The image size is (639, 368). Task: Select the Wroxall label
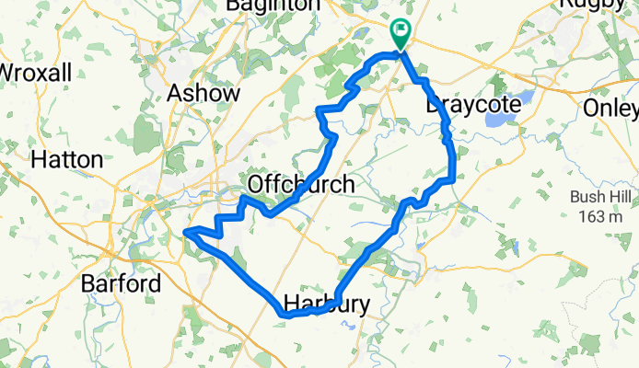coord(35,71)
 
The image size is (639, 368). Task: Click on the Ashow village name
coord(203,93)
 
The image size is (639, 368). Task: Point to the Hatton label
coord(66,159)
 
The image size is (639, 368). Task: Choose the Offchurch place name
coord(301,185)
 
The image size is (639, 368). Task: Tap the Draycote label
coord(473,106)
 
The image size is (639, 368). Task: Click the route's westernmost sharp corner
coord(186,232)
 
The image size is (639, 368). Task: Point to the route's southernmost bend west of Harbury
coord(282,314)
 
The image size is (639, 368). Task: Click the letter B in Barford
coord(89,282)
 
